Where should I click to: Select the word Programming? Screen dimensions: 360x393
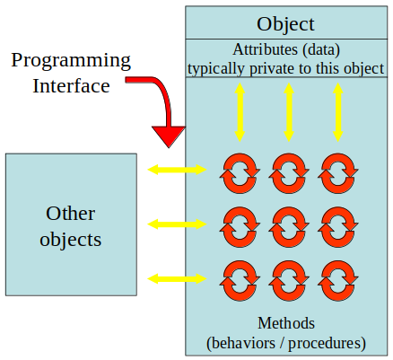[71, 61]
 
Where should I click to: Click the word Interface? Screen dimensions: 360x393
[71, 86]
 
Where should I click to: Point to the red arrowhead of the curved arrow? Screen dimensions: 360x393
[168, 136]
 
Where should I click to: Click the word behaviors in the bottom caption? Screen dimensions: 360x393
[244, 342]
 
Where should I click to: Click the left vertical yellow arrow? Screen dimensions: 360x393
[240, 111]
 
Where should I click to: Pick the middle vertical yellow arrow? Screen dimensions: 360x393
[288, 111]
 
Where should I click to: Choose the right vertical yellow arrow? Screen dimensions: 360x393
[337, 111]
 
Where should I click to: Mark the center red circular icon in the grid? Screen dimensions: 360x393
[288, 224]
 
